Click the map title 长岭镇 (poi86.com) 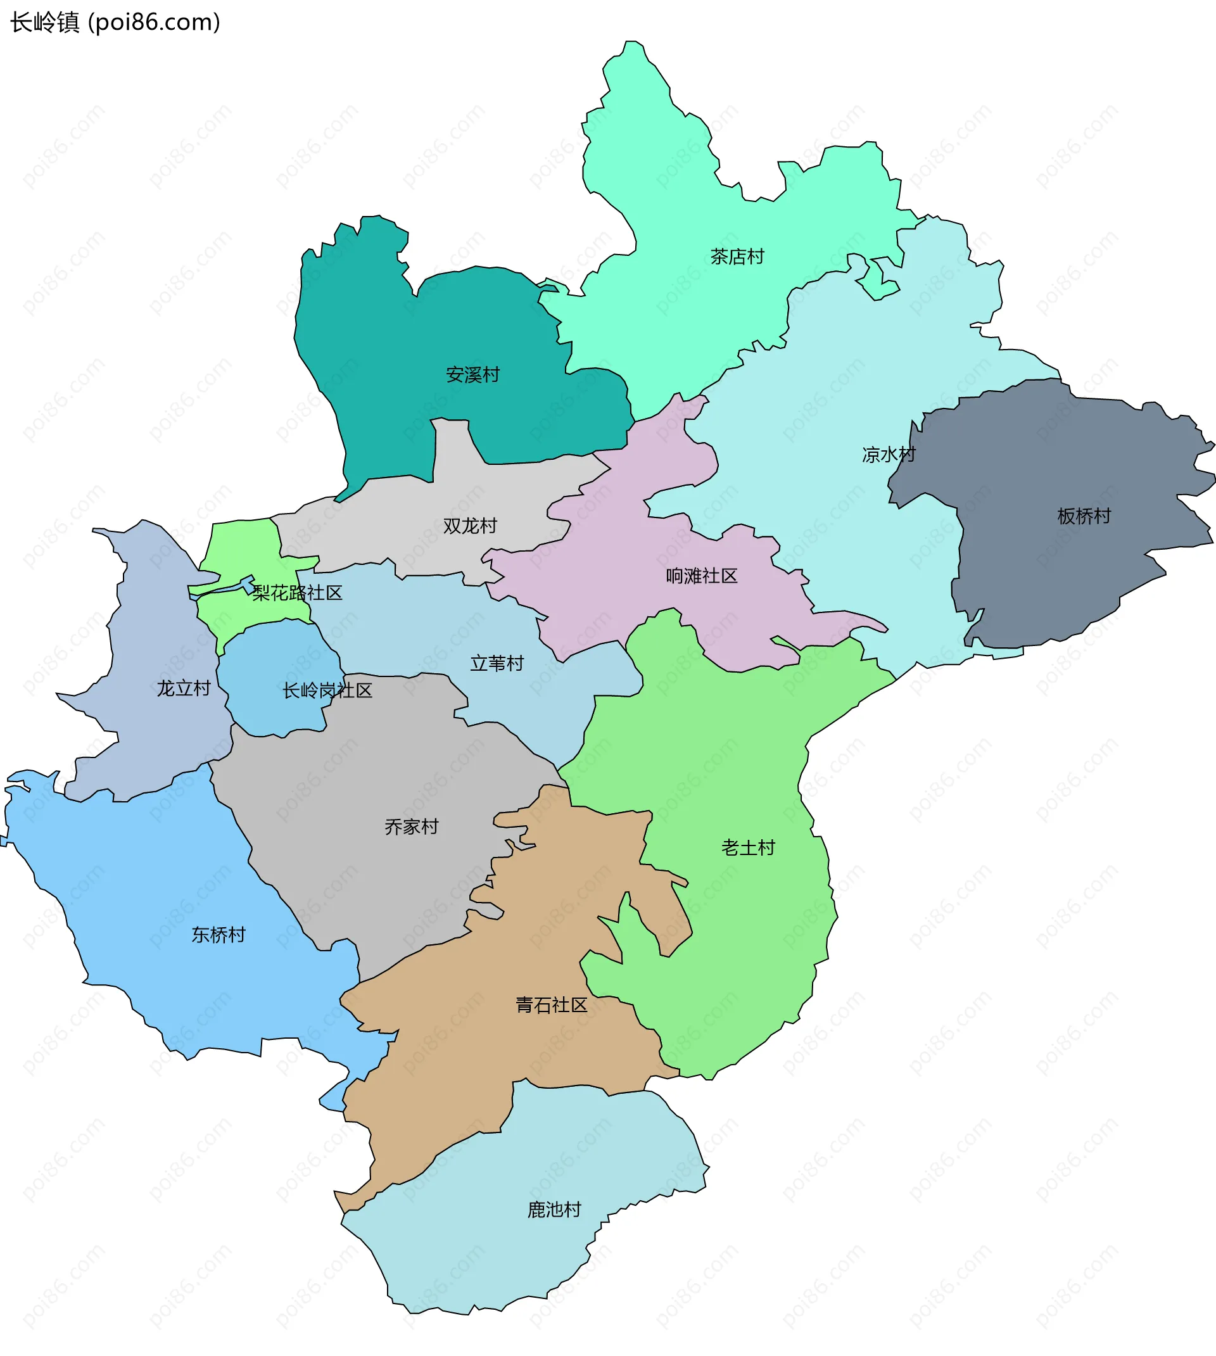[x=115, y=23]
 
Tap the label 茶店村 [x=737, y=257]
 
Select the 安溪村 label [x=472, y=375]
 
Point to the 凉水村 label [x=888, y=455]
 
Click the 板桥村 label [x=1084, y=516]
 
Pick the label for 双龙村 [x=470, y=526]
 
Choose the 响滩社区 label [x=701, y=576]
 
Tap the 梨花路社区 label [x=296, y=593]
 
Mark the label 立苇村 [x=497, y=663]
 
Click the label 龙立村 [x=183, y=688]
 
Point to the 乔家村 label [x=411, y=827]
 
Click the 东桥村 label [x=218, y=934]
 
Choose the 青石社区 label [x=551, y=1004]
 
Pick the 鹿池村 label [x=554, y=1210]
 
